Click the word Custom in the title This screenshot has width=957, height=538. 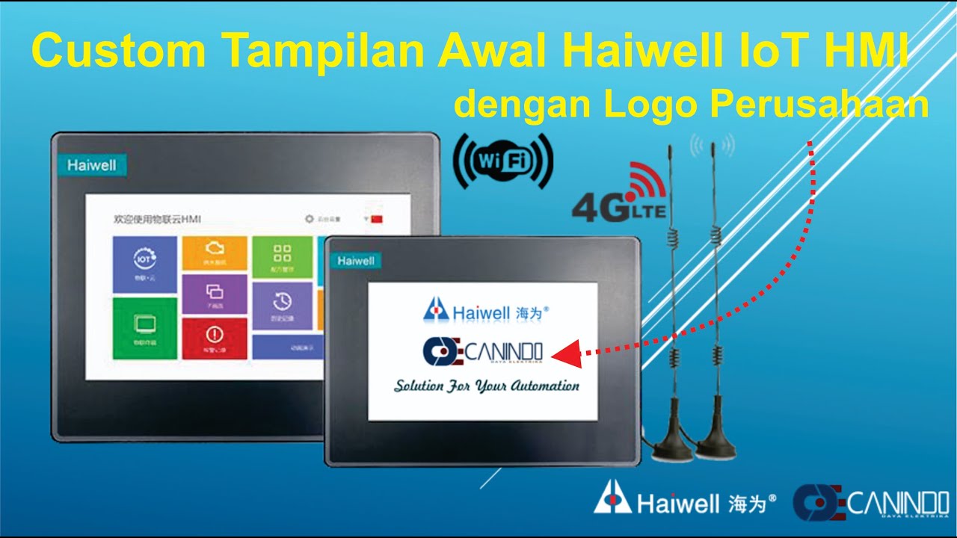click(x=118, y=51)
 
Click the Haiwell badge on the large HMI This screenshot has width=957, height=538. click(x=91, y=165)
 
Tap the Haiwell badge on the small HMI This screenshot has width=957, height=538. click(x=355, y=261)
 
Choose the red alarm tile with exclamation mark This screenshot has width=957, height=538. click(x=215, y=338)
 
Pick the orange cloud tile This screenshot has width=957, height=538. click(x=215, y=253)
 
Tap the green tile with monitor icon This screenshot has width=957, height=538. click(x=144, y=328)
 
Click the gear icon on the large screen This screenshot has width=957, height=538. click(x=309, y=219)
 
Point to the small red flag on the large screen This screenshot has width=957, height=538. click(x=376, y=219)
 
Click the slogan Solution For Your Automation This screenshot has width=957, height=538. click(x=487, y=386)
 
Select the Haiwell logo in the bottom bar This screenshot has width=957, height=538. click(x=685, y=502)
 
